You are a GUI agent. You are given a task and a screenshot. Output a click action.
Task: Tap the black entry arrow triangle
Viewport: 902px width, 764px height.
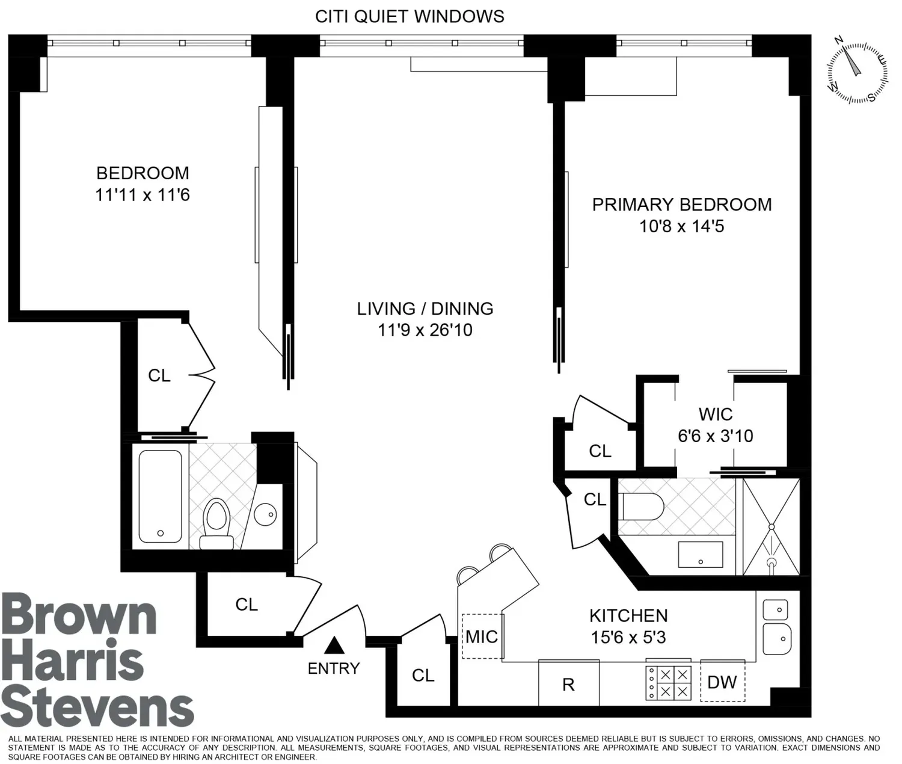334,645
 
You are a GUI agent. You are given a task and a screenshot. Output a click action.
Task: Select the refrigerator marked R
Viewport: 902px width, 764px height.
569,682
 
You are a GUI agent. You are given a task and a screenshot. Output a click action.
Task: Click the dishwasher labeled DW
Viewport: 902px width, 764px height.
722,680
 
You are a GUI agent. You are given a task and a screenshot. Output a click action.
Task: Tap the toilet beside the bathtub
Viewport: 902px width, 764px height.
217,524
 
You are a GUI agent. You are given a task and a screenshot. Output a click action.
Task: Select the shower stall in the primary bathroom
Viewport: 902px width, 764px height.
771,527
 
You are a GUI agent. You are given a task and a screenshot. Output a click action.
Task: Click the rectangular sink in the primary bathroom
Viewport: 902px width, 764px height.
701,554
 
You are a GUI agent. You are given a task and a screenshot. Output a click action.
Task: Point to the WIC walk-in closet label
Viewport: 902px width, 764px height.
715,414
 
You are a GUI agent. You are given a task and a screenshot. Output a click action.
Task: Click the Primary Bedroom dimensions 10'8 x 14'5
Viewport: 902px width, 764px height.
682,227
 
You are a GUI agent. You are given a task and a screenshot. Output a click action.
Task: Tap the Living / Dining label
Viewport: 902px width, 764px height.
425,309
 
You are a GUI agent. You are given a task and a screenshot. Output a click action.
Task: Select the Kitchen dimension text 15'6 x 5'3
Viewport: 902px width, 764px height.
628,638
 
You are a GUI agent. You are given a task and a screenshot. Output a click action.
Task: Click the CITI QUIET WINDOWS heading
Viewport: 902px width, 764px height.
410,17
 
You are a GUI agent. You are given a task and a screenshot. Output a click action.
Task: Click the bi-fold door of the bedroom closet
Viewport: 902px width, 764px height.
201,375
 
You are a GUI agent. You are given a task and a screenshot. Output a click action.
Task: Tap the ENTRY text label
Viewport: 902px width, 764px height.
334,668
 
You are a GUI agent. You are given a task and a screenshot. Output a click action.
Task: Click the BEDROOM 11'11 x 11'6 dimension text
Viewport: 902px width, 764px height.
143,195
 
